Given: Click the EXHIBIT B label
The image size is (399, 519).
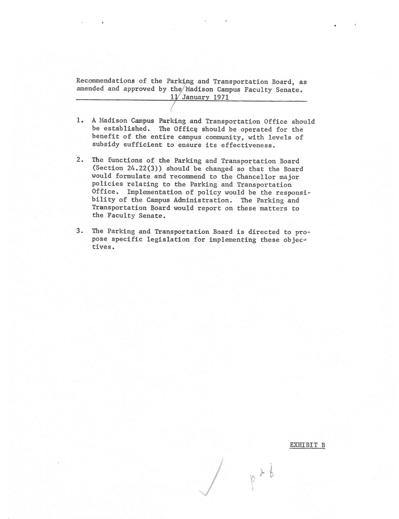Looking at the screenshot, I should [307, 445].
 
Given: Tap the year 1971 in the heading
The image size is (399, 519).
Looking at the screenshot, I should [221, 97].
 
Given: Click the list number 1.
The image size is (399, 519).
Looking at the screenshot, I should [79, 121].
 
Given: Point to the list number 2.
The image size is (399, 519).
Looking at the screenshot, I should [79, 160].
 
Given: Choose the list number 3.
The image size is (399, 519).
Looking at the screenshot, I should [79, 231].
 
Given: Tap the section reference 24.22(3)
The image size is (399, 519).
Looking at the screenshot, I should [143, 168].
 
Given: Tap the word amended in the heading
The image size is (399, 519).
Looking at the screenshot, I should [90, 89].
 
